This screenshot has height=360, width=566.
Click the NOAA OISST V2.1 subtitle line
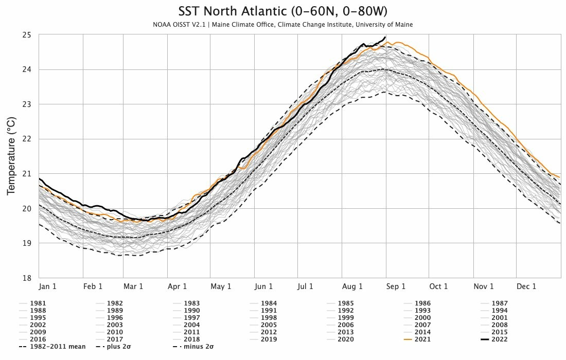(x=282, y=25)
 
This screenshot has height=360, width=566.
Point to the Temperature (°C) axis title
(x=11, y=156)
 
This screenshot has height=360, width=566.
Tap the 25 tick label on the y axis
(x=27, y=35)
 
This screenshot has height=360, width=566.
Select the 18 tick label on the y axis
(x=27, y=278)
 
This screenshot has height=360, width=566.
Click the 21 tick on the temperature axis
(x=27, y=174)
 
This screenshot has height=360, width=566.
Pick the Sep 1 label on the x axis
(x=396, y=286)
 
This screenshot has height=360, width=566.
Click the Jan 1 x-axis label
(x=48, y=286)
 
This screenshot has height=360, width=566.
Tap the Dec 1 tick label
(x=526, y=286)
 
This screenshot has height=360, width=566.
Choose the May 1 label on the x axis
(x=221, y=286)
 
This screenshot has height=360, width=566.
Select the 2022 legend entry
(x=494, y=339)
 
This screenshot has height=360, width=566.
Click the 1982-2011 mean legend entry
(x=52, y=347)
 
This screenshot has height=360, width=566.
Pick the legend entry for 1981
(x=32, y=303)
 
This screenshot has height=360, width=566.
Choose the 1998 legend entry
(x=263, y=318)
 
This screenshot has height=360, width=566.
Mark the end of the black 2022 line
(x=385, y=37)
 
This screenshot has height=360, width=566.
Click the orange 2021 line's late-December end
(x=559, y=177)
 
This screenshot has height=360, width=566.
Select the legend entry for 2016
(x=32, y=339)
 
